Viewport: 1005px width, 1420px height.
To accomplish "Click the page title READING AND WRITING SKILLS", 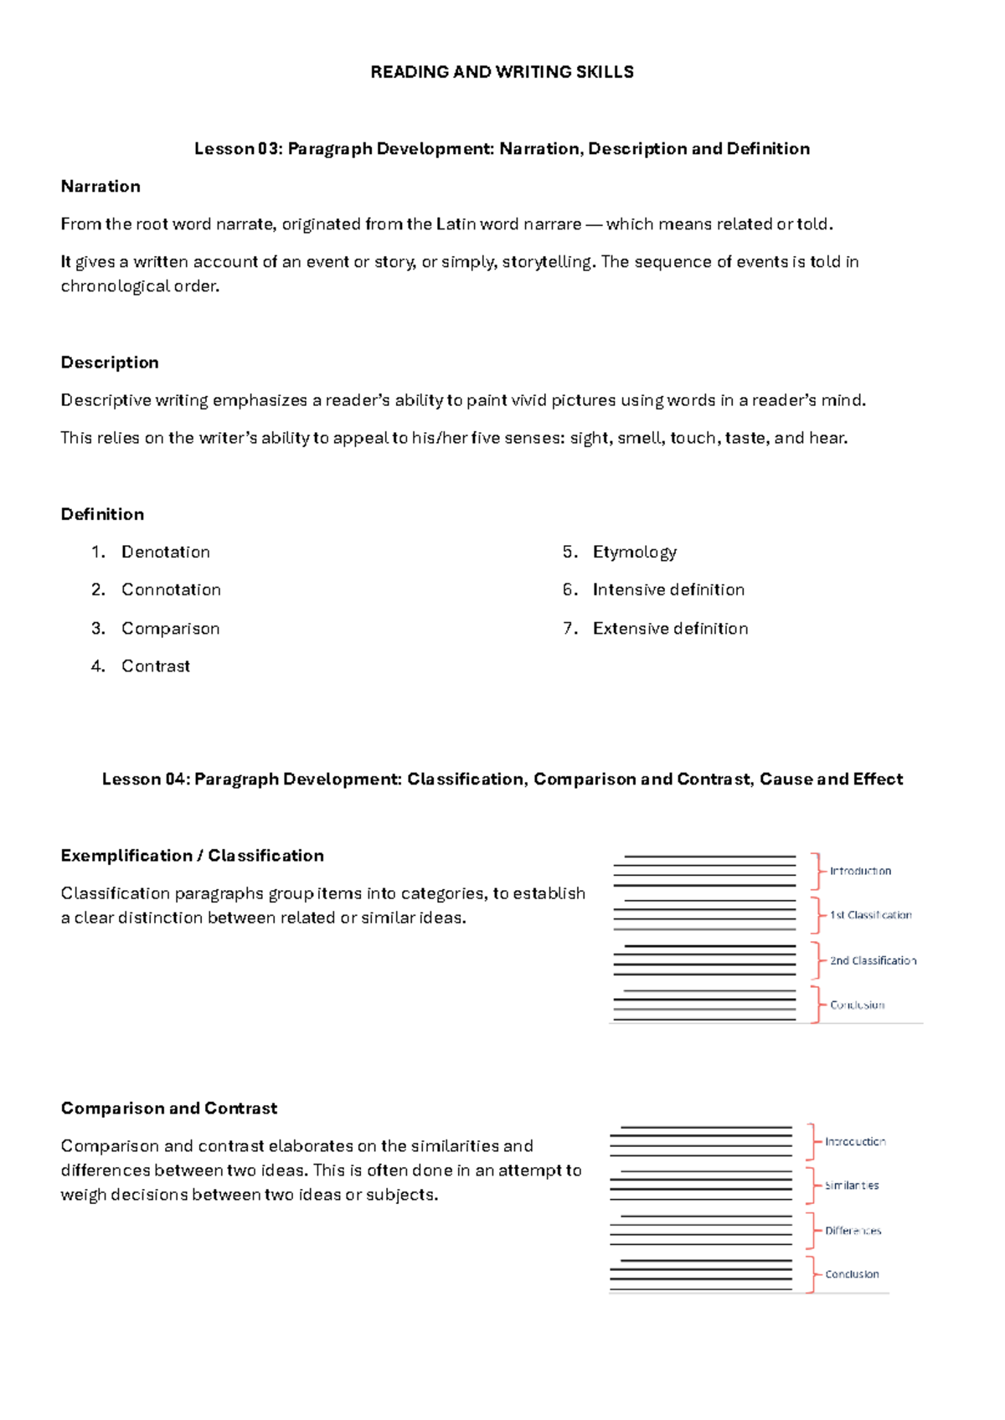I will pos(502,72).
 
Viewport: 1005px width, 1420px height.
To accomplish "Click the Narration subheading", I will pos(100,187).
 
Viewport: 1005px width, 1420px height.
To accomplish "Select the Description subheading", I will pos(110,363).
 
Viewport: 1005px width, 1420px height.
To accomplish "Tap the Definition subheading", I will pos(102,514).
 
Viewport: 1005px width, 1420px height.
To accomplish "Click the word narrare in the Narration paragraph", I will pos(552,224).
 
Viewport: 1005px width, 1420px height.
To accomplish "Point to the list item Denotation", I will pos(166,552).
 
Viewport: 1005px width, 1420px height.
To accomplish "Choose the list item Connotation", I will pos(171,589).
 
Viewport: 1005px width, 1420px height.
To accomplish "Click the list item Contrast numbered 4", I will pos(156,666).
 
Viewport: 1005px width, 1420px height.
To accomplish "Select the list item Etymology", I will pos(634,552).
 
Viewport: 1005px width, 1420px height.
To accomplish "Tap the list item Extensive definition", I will pos(670,628).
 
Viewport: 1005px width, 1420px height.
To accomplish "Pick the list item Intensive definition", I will pos(668,589).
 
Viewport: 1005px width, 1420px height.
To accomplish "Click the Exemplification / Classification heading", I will pos(192,856).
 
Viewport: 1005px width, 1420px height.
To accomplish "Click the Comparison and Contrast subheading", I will pos(168,1109).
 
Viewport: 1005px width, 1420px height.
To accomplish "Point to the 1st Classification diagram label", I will pos(870,915).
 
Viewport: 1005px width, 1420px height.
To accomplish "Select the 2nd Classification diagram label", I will pos(873,960).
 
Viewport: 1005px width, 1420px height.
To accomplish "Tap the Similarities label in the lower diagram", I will pos(852,1186).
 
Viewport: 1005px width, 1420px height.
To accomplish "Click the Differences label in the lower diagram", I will pos(853,1231).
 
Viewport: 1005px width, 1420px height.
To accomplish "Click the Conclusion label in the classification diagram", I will pos(857,1005).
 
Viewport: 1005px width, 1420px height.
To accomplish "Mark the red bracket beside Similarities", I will pos(811,1186).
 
